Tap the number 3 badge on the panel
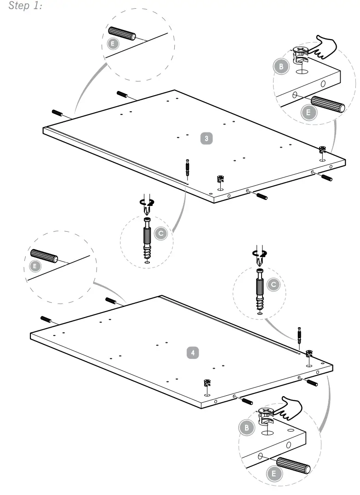click(x=207, y=138)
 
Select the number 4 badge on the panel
click(x=193, y=353)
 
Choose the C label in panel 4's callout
click(x=274, y=285)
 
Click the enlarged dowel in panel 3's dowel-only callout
click(x=122, y=34)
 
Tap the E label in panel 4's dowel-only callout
click(x=35, y=266)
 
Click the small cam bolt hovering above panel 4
click(x=299, y=334)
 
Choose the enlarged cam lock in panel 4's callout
click(x=266, y=415)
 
